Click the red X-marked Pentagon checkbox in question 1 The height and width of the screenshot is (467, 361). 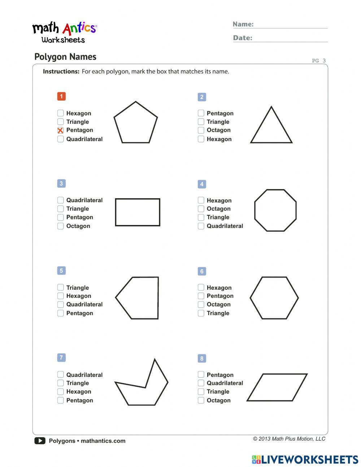[x=60, y=131]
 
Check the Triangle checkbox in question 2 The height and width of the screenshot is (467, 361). [x=201, y=122]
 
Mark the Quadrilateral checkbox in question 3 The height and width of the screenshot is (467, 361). [x=60, y=200]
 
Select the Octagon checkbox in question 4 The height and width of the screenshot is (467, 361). [x=201, y=209]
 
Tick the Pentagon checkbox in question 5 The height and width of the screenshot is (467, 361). [x=60, y=313]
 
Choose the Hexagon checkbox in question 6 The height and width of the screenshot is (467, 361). [x=201, y=288]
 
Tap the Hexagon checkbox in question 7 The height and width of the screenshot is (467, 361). [x=60, y=391]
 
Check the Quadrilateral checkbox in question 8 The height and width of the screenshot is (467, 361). [x=201, y=383]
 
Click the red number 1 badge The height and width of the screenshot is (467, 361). [x=61, y=96]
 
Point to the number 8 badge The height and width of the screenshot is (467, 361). [x=202, y=358]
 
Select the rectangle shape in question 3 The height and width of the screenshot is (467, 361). [x=138, y=212]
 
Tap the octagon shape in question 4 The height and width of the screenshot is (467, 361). [x=275, y=210]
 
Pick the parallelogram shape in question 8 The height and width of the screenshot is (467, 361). [x=277, y=387]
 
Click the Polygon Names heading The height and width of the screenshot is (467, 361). [x=65, y=57]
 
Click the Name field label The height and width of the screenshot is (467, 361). [x=243, y=24]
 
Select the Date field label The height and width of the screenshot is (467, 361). [x=243, y=38]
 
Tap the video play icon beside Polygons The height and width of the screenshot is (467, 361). [x=40, y=441]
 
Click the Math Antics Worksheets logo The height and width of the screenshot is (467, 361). [x=64, y=33]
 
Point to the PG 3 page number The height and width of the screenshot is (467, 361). [x=319, y=61]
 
